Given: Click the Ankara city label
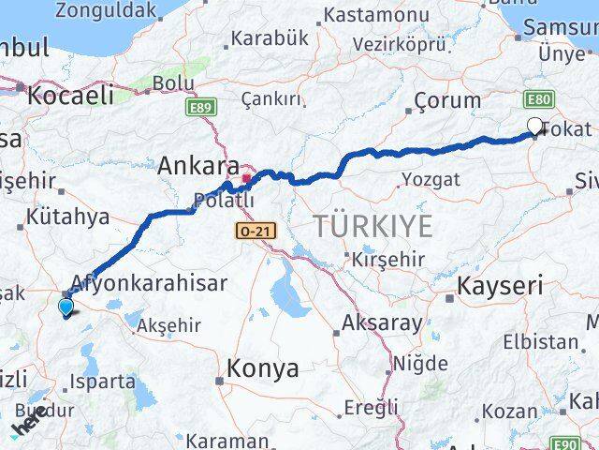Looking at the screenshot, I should pos(198,166).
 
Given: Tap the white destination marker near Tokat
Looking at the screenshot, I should pos(534,127).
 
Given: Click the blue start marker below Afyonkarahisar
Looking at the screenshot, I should pos(65,306).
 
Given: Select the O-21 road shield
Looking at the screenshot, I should pos(251,229).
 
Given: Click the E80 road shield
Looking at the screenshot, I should pos(538,98).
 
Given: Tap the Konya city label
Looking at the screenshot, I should pos(262,369).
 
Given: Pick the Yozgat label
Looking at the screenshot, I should pos(431,179).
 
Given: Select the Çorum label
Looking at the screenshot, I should pos(447,100).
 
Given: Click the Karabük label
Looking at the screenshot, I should pos(269,37).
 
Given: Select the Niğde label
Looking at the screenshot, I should pos(421,363).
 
